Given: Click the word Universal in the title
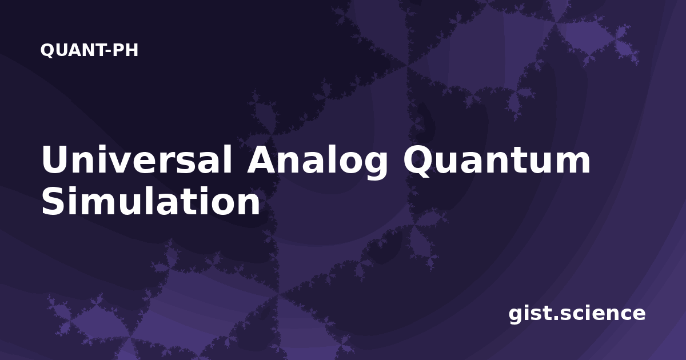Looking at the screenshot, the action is pyautogui.click(x=137, y=159).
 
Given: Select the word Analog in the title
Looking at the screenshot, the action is pyautogui.click(x=317, y=162).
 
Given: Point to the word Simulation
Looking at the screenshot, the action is pyautogui.click(x=151, y=201).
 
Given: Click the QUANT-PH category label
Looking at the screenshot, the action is pyautogui.click(x=89, y=50).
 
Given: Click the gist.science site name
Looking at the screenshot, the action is pyautogui.click(x=577, y=314).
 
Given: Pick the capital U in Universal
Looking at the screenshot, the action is pyautogui.click(x=56, y=159).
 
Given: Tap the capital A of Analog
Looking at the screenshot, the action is pyautogui.click(x=263, y=159).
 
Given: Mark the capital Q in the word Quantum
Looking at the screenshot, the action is pyautogui.click(x=419, y=161).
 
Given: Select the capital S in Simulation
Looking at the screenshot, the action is pyautogui.click(x=54, y=201).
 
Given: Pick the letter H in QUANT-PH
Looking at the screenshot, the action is pyautogui.click(x=131, y=50).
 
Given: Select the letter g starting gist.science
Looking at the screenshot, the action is pyautogui.click(x=516, y=316).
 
